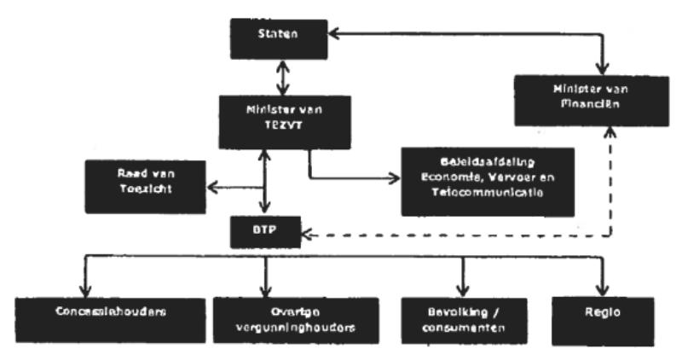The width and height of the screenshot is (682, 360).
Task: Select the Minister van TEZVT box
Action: pos(266,117)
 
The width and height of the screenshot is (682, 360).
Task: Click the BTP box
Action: pos(265,231)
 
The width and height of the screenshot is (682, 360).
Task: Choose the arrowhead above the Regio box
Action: pos(604,287)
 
